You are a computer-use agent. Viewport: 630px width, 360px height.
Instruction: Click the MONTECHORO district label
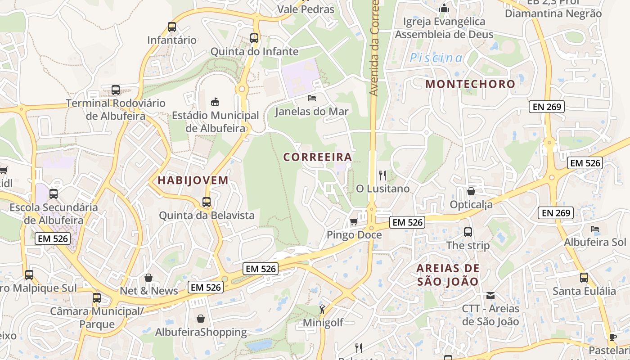(x=470, y=84)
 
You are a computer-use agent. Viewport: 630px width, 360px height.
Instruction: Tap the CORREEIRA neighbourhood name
(x=318, y=157)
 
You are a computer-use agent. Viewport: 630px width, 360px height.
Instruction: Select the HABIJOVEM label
(x=193, y=180)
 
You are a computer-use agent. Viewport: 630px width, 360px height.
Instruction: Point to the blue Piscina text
(x=436, y=58)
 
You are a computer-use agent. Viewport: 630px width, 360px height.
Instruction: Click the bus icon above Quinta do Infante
(x=254, y=38)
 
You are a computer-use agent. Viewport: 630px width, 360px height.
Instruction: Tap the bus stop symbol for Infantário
(x=171, y=27)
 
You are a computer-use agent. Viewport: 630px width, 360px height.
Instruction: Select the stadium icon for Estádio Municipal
(x=215, y=102)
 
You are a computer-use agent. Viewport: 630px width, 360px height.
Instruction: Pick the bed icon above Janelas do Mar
(x=312, y=98)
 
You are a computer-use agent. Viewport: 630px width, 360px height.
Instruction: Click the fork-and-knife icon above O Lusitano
(x=382, y=175)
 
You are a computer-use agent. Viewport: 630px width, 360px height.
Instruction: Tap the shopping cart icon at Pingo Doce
(x=354, y=221)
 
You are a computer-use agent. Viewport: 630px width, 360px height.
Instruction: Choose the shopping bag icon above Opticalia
(x=471, y=191)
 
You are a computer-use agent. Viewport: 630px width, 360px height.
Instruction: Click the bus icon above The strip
(x=468, y=232)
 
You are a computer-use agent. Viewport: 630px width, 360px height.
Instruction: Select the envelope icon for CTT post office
(x=490, y=296)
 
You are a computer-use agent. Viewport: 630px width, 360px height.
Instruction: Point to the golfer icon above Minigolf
(x=322, y=309)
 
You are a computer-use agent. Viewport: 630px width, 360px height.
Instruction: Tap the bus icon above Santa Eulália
(x=584, y=278)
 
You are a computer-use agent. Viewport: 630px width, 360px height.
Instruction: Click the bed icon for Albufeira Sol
(x=595, y=229)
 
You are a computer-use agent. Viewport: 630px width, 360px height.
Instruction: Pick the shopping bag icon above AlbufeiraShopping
(x=201, y=319)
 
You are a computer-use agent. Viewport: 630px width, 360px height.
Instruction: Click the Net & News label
(x=149, y=291)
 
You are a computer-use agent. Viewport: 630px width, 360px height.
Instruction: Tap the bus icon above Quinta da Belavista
(x=207, y=202)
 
